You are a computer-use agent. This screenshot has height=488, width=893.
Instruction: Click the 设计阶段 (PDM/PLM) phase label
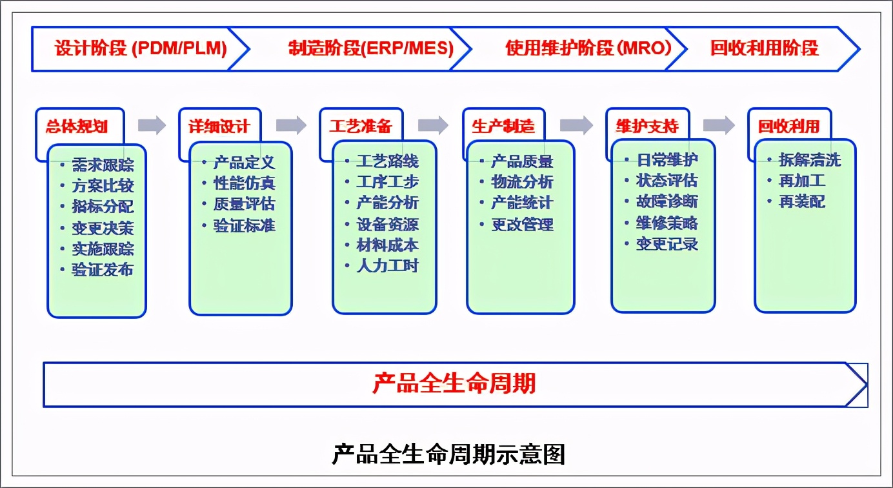coord(141,48)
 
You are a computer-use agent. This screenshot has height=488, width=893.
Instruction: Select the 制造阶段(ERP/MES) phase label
coord(370,48)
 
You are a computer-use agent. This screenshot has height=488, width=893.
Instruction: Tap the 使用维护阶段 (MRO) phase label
coord(588,48)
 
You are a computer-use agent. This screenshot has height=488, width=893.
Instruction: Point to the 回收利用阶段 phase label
coord(764,48)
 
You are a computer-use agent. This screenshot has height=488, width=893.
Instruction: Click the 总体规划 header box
coord(76,126)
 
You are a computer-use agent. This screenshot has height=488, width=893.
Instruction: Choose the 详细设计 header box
coord(219,126)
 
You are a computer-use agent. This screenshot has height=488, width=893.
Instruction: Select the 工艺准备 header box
coord(361,126)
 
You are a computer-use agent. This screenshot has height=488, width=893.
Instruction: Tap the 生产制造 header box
coord(503,126)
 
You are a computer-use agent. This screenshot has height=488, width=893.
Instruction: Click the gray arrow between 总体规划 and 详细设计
coord(152,125)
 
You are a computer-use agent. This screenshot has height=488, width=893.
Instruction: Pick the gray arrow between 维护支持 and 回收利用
coord(719,125)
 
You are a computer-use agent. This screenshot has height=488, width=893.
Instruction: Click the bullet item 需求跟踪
coord(103,165)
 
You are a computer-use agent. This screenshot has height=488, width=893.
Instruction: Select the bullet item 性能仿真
coord(244,183)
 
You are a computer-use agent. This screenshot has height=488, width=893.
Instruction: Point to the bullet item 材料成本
coord(387,245)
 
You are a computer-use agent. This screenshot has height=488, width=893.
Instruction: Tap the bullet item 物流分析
coord(521,183)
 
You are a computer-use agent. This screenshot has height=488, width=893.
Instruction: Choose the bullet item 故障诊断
coord(667,202)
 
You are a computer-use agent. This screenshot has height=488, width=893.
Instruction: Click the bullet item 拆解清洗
coord(809,160)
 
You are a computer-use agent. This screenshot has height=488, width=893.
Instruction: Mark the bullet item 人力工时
coord(387,266)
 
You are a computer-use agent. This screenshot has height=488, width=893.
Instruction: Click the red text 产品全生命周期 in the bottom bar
coord(454,384)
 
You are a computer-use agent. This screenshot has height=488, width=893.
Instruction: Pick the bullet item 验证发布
coord(103,270)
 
